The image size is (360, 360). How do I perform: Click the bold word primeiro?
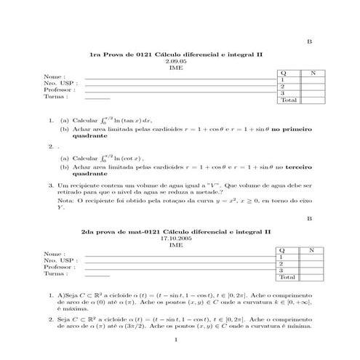pos(300,127)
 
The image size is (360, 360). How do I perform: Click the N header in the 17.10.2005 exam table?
pos(312,251)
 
